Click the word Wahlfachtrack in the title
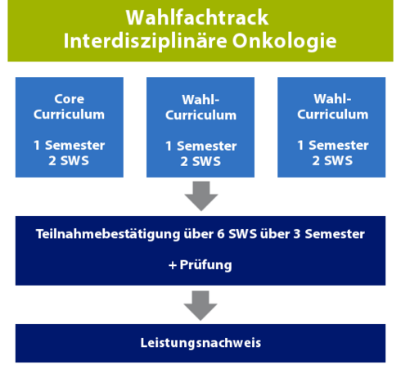click(x=197, y=17)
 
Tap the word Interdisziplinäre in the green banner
click(x=145, y=41)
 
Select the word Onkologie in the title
click(x=284, y=41)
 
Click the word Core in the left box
click(x=70, y=99)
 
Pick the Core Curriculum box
click(x=70, y=127)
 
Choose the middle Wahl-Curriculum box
click(x=200, y=127)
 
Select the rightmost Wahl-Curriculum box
click(x=331, y=127)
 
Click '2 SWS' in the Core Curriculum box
click(x=69, y=160)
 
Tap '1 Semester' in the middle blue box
click(x=201, y=146)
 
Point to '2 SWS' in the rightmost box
click(x=332, y=160)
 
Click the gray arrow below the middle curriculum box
click(x=201, y=196)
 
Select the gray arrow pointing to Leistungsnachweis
click(x=200, y=306)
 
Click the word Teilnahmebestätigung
click(x=108, y=234)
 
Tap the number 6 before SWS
click(x=221, y=234)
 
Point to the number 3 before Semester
click(x=297, y=234)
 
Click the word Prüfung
click(x=206, y=265)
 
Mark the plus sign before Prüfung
click(x=173, y=265)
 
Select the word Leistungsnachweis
click(x=200, y=343)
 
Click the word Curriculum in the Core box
click(x=69, y=115)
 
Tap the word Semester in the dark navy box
click(x=335, y=234)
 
